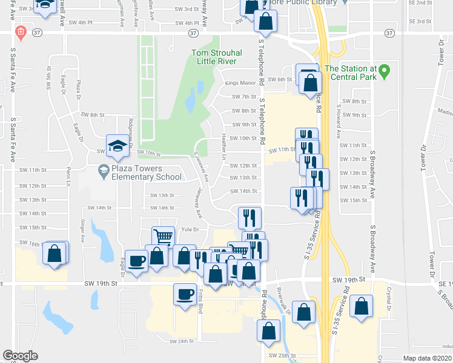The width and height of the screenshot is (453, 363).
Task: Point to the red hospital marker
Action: (x=20, y=32)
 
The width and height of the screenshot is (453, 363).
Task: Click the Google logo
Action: (x=20, y=356)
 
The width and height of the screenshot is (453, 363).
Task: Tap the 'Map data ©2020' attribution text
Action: (x=428, y=358)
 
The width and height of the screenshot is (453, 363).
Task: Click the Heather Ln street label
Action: (x=223, y=147)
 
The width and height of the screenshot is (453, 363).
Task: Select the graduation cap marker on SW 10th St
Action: (x=118, y=145)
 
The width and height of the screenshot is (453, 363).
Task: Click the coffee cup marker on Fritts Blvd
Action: (x=185, y=294)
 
